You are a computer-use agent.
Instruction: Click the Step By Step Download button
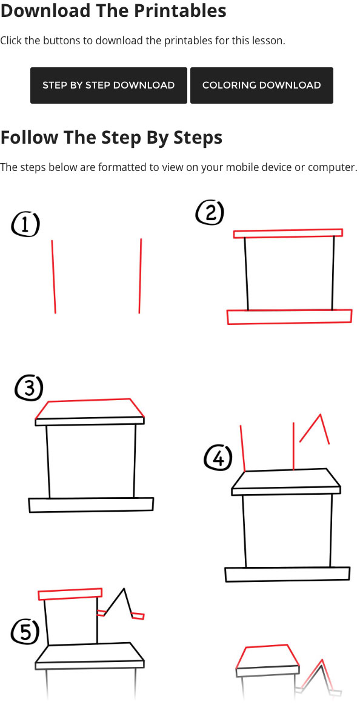tap(108, 85)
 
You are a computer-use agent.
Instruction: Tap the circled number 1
tap(25, 225)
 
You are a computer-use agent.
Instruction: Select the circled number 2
tap(210, 213)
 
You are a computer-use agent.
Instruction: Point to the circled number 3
tap(29, 389)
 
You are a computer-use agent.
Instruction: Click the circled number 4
tap(218, 458)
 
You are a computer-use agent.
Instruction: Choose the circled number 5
tap(25, 632)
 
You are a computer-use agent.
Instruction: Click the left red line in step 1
tap(54, 276)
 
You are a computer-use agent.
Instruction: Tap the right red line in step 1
tap(140, 276)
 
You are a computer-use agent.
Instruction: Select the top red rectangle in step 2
tap(288, 233)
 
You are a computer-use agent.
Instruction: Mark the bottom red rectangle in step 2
tap(289, 317)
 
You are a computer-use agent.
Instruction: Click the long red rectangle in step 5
tap(70, 594)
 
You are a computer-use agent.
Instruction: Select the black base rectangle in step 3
tap(92, 505)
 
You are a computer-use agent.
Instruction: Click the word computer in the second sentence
tap(332, 167)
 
